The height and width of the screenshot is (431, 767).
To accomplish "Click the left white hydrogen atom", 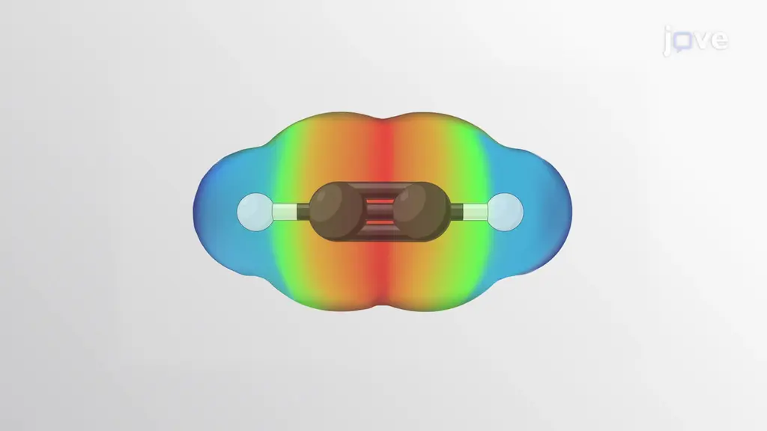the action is coord(255,212).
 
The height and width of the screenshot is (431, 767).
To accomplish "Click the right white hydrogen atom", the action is coord(506,212).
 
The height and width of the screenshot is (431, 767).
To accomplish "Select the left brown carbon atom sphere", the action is coord(335,211).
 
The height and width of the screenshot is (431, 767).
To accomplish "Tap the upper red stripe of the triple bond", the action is coord(380,201).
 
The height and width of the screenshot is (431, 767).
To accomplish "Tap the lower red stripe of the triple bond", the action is coord(380,222).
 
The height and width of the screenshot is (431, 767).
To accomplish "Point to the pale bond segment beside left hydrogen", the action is coord(285,212).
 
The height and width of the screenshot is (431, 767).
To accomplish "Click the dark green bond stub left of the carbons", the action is coord(304,212).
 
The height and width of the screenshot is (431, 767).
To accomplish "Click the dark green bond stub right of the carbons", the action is coord(456,212).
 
